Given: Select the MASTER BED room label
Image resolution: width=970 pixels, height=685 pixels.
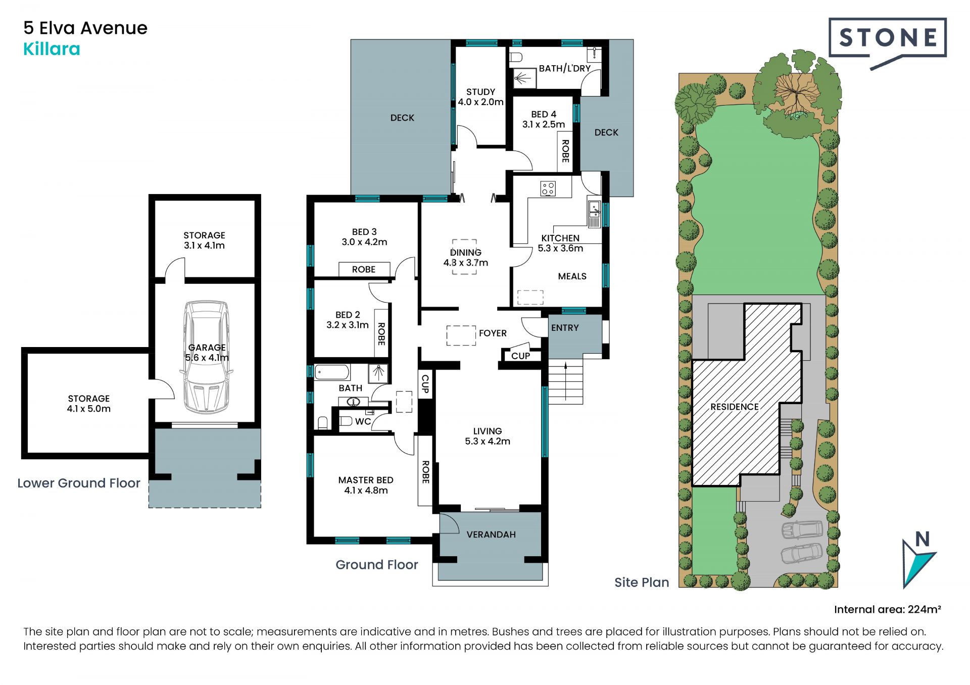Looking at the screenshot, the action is (366, 480).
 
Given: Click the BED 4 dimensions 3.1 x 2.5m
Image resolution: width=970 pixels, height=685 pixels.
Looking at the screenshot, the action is (544, 124).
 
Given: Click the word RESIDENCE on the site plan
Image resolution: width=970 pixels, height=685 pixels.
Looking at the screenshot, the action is (735, 407).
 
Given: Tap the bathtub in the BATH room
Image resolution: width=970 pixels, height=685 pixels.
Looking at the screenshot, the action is (332, 372).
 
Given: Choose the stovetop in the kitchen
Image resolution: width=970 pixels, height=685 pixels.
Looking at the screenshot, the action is (548, 188).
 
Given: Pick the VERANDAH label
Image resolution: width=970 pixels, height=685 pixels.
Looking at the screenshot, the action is (491, 534).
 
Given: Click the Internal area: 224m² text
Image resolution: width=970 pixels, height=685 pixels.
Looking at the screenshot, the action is (888, 609).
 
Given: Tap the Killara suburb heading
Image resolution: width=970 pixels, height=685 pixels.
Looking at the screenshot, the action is (52, 49).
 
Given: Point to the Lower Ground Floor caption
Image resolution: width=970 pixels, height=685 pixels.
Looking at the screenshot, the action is (79, 483).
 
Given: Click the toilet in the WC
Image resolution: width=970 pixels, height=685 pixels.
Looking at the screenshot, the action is (346, 420).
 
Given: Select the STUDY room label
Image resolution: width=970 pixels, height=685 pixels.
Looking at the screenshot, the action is (480, 92).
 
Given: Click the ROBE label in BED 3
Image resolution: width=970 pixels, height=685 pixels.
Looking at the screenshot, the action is (364, 269).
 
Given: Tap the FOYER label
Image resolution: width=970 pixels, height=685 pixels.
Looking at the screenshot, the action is (493, 333).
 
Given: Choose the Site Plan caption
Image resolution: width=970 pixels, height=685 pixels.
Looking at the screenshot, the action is (642, 582).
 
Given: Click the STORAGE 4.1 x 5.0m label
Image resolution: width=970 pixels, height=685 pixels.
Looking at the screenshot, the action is (89, 404).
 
